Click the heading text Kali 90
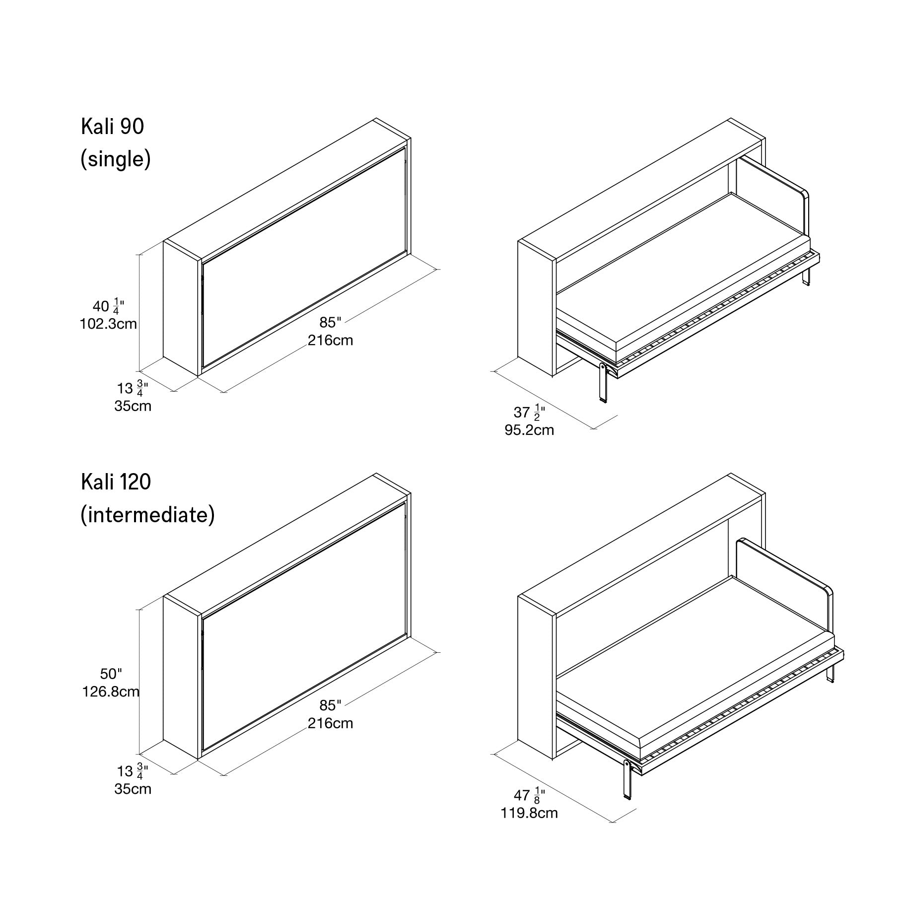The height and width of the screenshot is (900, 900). click(x=112, y=127)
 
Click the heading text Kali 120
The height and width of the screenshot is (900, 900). click(x=116, y=482)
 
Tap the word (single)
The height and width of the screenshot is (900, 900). click(x=116, y=160)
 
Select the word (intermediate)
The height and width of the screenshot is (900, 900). click(x=148, y=515)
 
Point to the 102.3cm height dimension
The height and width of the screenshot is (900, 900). click(x=108, y=324)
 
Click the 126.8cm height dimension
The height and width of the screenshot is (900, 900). click(x=111, y=692)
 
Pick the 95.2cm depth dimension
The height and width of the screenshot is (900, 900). click(x=529, y=430)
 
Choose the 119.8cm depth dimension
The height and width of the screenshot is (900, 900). click(x=529, y=813)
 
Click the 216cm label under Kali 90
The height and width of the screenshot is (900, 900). click(x=330, y=341)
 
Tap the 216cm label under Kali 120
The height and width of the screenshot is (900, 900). click(x=330, y=723)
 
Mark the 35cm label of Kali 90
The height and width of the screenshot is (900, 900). click(x=133, y=406)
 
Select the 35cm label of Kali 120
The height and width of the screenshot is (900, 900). click(x=133, y=789)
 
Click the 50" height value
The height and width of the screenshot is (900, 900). click(x=111, y=674)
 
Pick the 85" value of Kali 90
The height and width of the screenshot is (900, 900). click(x=331, y=323)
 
